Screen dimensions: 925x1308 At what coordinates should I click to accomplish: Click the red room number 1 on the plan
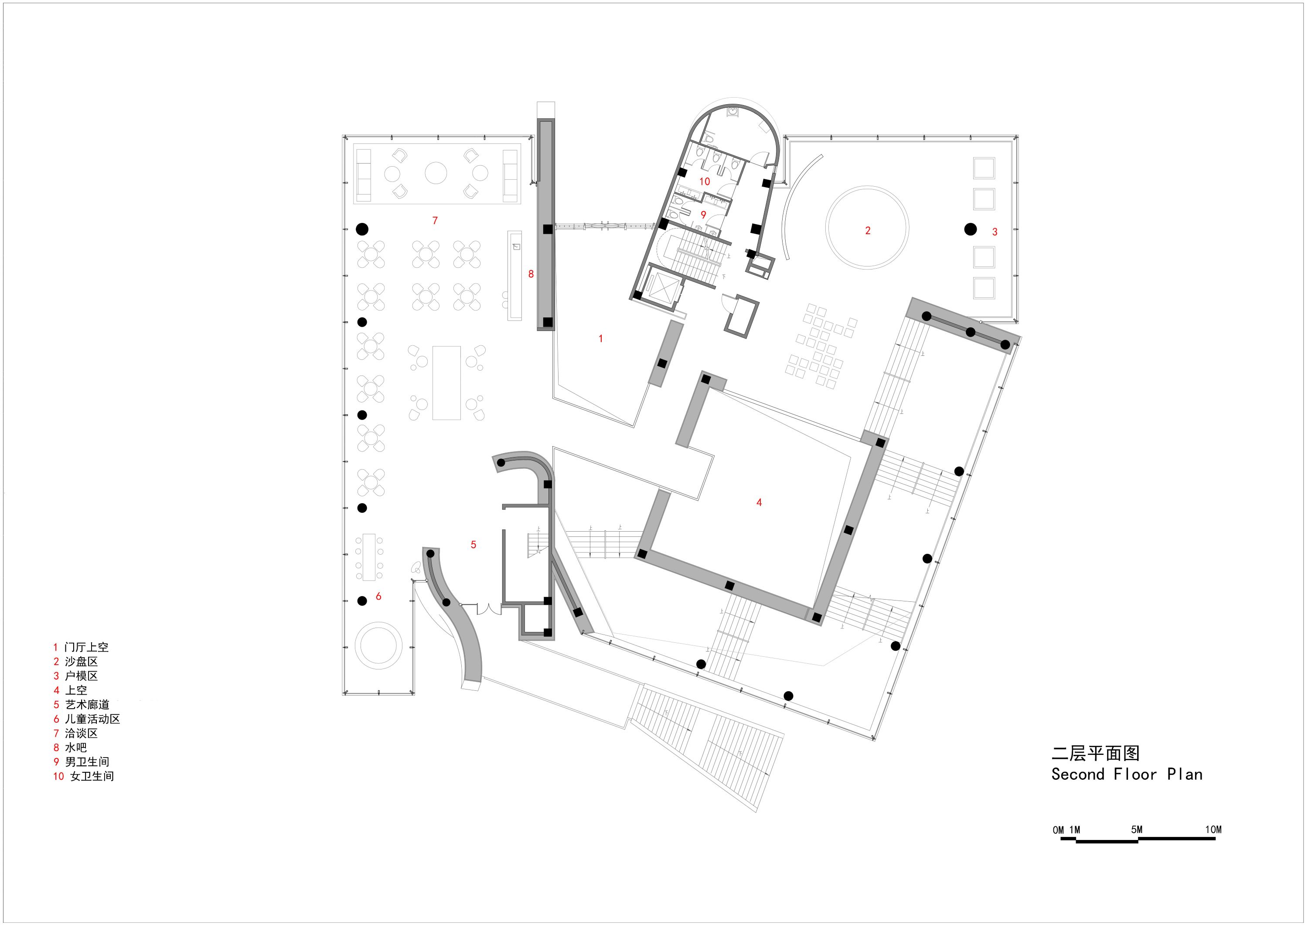tap(600, 338)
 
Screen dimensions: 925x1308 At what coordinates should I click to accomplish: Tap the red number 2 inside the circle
tap(868, 231)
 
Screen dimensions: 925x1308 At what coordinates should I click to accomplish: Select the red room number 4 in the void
tap(759, 502)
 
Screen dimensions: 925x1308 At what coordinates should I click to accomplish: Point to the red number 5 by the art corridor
tap(473, 545)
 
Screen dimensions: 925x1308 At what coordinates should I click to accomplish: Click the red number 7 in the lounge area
tap(435, 221)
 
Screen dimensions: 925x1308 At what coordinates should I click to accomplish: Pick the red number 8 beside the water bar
tap(531, 274)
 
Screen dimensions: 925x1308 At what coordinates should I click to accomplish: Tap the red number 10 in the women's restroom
tap(705, 181)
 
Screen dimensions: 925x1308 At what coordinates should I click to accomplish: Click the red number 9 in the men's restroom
tap(704, 215)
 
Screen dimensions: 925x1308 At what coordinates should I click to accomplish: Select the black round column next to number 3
tap(970, 229)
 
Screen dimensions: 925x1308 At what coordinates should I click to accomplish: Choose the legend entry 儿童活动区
tap(92, 719)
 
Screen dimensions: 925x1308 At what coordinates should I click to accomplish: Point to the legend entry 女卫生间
tap(92, 776)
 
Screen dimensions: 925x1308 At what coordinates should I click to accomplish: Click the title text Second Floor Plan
tap(1126, 775)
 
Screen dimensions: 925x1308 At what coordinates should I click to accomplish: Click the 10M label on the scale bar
tap(1213, 830)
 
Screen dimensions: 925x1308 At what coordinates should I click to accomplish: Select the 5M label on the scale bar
tap(1137, 830)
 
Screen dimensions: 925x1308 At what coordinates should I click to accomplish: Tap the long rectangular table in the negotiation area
tap(446, 382)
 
